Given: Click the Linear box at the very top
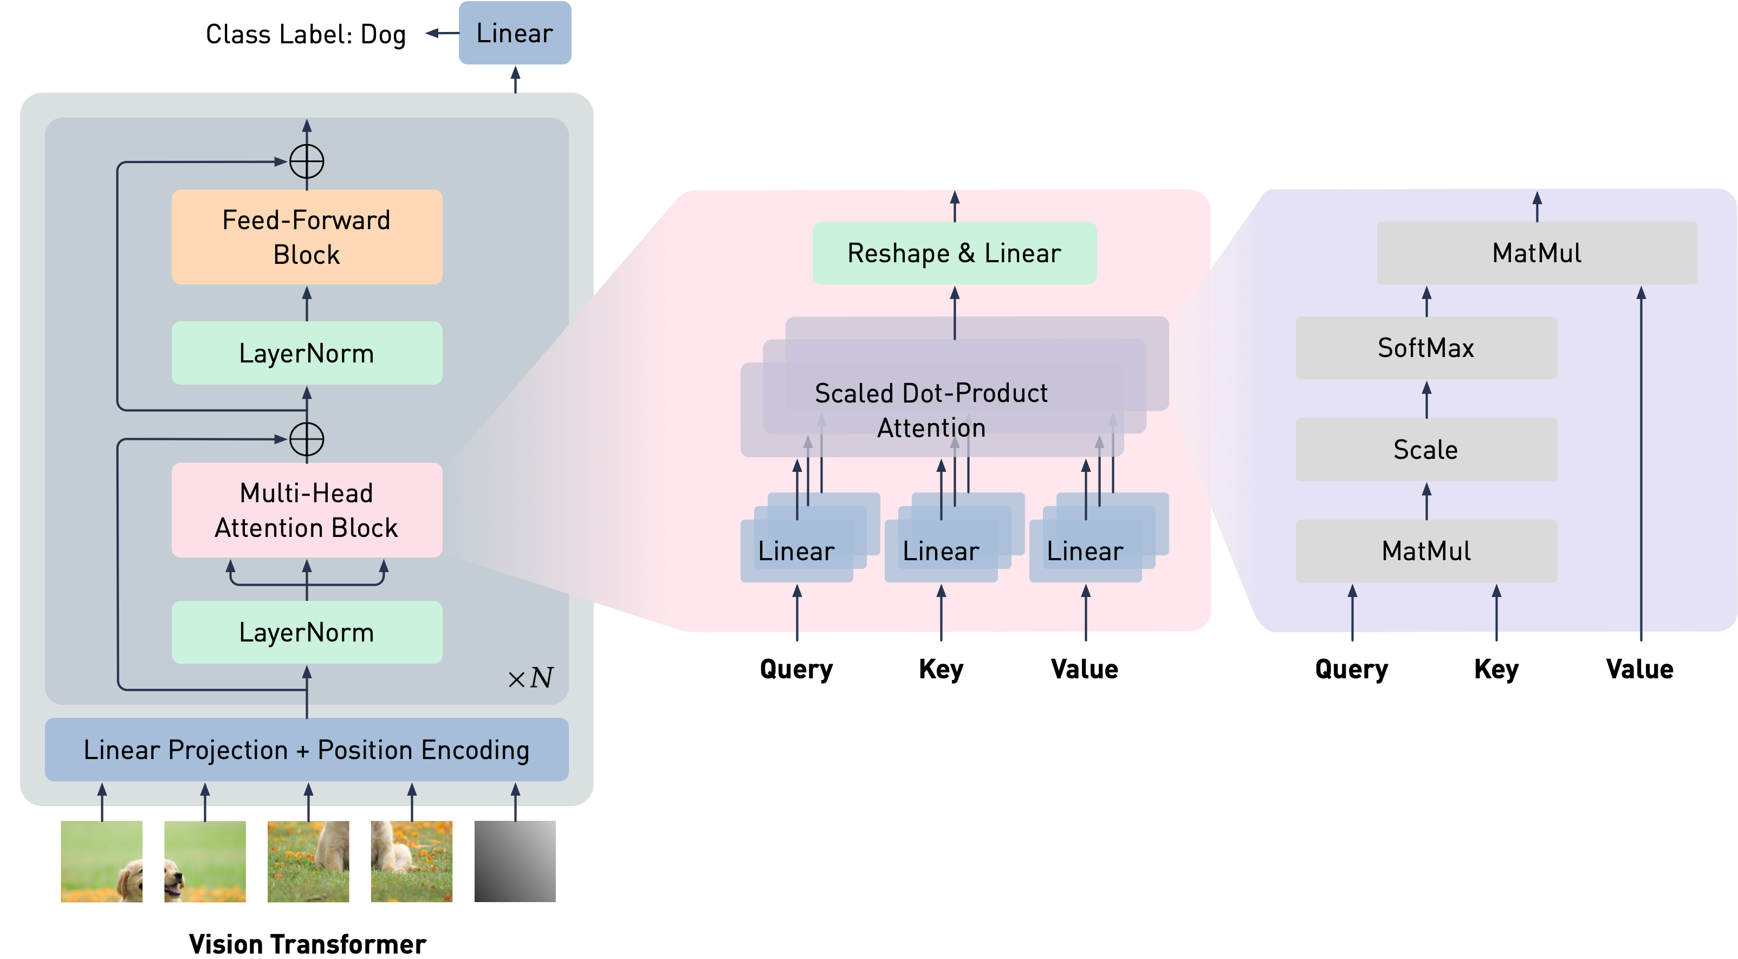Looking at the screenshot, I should point(515,33).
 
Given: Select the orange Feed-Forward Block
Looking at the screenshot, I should point(307,237).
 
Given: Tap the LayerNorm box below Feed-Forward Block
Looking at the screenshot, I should point(307,353).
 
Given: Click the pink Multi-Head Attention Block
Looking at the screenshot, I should point(307,510).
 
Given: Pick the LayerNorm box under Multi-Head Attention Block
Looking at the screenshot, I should point(307,632).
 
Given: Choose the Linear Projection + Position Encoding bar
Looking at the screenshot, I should point(307,750).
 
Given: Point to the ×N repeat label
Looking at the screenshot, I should point(531,678).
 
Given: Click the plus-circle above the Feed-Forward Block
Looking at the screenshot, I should point(307,162).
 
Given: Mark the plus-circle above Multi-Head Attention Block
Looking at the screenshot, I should point(307,439).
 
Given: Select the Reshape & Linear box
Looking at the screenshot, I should point(954,253).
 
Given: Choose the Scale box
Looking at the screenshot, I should point(1426,450).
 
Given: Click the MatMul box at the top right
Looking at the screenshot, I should point(1536,253).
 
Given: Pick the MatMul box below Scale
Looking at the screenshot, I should point(1426,550).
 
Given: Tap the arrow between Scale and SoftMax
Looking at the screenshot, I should point(1426,399).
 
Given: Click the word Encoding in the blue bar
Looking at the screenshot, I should point(476,750).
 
